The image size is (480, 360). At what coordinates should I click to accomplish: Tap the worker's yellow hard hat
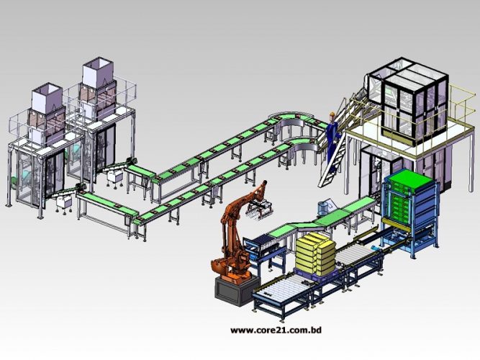(332, 114)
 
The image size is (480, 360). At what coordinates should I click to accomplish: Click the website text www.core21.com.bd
(276, 330)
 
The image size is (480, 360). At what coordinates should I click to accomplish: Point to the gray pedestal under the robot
(236, 289)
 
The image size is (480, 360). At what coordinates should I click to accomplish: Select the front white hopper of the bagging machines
(47, 96)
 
